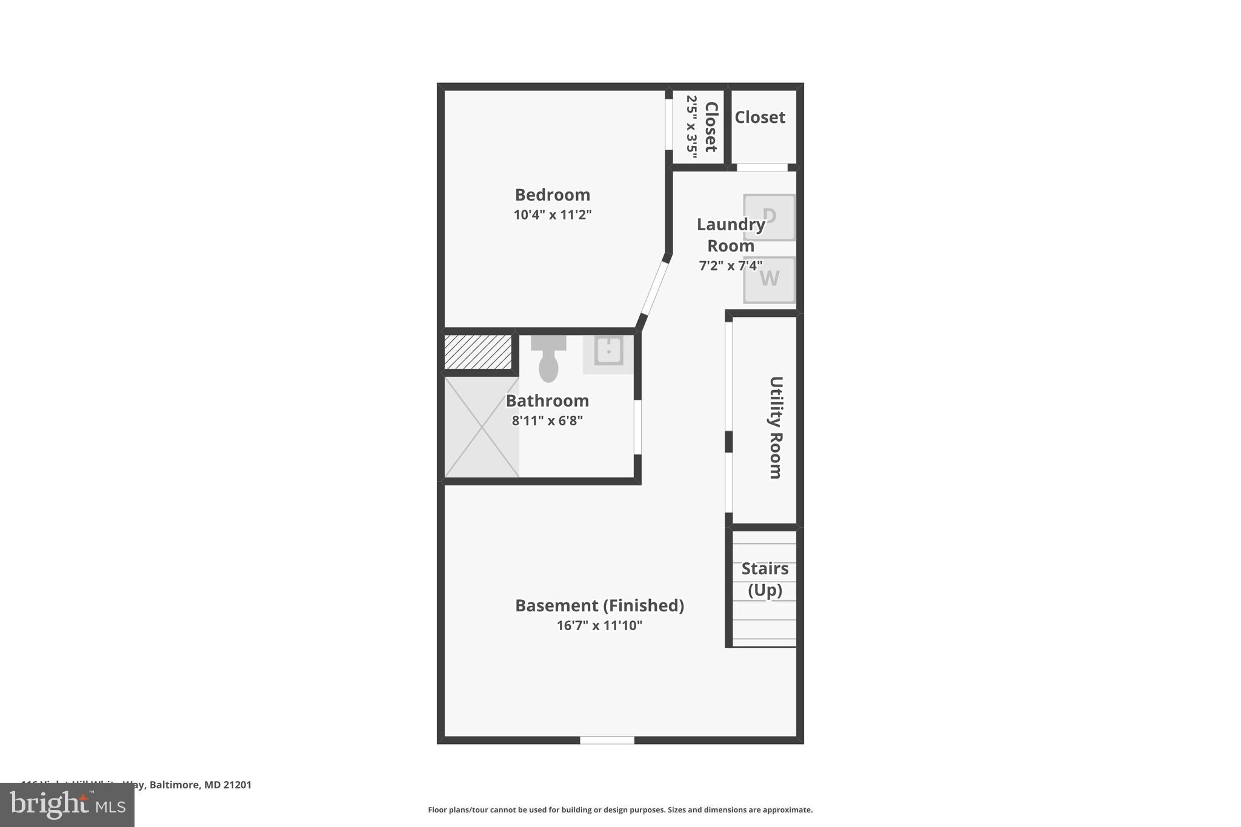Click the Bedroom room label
[x=552, y=194]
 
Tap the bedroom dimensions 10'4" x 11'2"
[x=552, y=214]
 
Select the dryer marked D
[x=769, y=217]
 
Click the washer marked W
[x=769, y=279]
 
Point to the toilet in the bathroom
[x=548, y=361]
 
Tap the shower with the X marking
[x=481, y=427]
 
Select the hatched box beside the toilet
[x=478, y=351]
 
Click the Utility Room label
[x=776, y=428]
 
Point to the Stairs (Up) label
[x=765, y=579]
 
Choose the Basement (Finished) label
[x=599, y=605]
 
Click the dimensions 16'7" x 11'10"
[x=599, y=625]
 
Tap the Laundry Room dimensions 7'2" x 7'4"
[x=730, y=265]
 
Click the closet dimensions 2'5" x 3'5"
[x=692, y=126]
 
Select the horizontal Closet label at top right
[x=760, y=117]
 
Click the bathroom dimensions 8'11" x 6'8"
[x=547, y=420]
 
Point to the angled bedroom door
[x=653, y=287]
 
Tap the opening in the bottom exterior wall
[x=607, y=740]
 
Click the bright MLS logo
[x=67, y=805]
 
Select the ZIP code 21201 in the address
[x=237, y=785]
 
